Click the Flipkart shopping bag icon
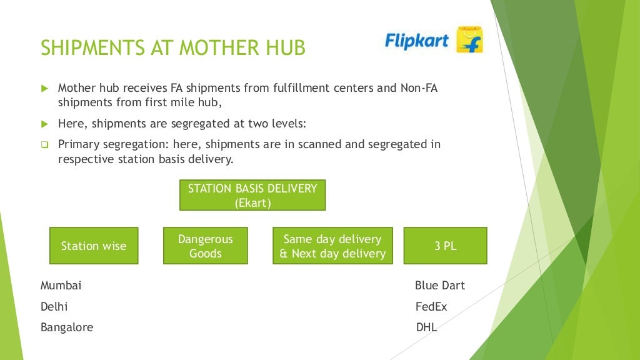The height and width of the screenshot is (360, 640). [469, 40]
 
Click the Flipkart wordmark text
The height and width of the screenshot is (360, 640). [417, 41]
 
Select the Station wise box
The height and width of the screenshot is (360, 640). [94, 246]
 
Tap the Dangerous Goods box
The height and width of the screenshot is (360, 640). [206, 246]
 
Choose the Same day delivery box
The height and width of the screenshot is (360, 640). [332, 246]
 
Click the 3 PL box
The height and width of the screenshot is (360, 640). [445, 246]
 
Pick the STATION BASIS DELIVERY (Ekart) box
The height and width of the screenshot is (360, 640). [252, 195]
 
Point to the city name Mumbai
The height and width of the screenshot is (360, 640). [61, 286]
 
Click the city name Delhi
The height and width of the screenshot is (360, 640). [54, 307]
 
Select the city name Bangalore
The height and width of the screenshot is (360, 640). [67, 327]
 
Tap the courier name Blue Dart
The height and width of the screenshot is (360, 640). [440, 286]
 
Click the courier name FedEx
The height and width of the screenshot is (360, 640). [431, 307]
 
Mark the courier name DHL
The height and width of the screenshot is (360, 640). [426, 327]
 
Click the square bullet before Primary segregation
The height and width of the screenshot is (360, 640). [44, 145]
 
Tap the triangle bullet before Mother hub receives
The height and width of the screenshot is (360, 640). [44, 89]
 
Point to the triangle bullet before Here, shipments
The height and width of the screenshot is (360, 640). [44, 124]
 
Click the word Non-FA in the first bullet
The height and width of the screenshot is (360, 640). [419, 88]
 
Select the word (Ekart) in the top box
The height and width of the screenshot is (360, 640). [252, 202]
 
